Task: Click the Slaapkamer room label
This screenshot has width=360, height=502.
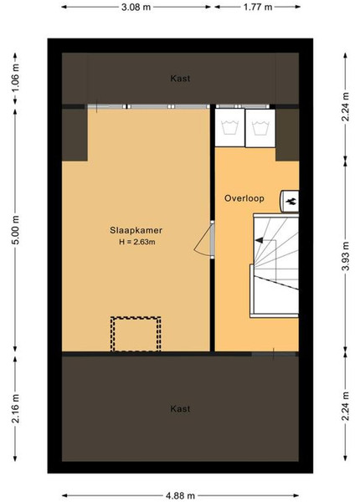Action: (x=136, y=230)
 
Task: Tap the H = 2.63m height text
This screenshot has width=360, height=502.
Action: (x=137, y=242)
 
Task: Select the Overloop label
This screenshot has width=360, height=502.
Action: (x=244, y=198)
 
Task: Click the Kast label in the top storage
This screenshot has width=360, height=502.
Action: (x=180, y=78)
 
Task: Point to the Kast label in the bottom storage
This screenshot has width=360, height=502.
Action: (x=180, y=409)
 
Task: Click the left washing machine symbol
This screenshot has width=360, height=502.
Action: (x=229, y=128)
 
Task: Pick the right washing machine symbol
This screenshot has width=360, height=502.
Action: (x=260, y=128)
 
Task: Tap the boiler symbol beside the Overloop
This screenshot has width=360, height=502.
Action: (x=290, y=201)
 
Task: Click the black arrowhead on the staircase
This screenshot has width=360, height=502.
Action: (x=259, y=240)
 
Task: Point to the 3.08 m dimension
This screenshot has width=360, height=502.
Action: (x=136, y=7)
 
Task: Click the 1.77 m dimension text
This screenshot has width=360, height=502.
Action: (x=258, y=7)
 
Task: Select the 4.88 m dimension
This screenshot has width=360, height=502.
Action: (x=180, y=496)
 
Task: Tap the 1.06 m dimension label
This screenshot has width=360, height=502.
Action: (x=15, y=78)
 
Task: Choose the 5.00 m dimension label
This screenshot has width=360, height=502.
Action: (x=15, y=230)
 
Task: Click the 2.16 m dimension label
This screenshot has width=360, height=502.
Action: (x=15, y=409)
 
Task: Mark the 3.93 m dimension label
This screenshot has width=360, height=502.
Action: (x=345, y=256)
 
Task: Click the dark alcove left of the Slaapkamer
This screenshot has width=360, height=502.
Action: (x=75, y=135)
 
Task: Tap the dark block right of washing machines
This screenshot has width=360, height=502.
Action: (x=287, y=135)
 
